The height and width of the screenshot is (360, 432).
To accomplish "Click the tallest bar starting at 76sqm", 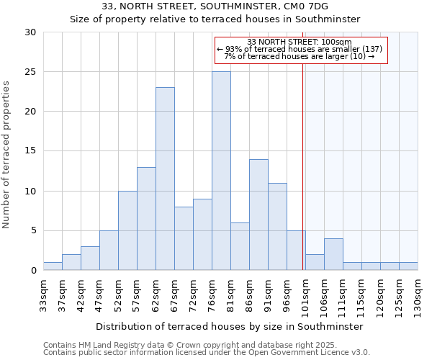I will coord(221,171).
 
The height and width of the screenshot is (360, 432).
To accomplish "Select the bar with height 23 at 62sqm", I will coord(165,179).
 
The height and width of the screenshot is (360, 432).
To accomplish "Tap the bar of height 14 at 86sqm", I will coord(258,215).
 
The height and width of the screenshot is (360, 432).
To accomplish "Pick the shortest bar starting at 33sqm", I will coord(53,266).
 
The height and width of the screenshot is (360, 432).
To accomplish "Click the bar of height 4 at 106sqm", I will coord(333,255).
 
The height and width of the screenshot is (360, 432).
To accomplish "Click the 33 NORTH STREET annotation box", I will coord(300,50).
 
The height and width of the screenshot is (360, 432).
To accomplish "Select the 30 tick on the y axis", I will coord(30,32).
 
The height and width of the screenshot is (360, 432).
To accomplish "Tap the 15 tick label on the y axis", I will coord(30,151).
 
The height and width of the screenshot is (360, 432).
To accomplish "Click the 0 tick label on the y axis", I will coord(33,271).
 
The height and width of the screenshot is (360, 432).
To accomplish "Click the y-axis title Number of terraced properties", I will coord(6,155).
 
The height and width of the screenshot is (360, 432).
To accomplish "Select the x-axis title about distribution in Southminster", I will coord(229,326).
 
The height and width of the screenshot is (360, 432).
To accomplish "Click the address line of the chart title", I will coord(215,6).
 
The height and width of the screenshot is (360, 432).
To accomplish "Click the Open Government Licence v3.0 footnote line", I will coord(206,353).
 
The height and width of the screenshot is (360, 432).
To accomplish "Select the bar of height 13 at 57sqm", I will coord(146,219).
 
